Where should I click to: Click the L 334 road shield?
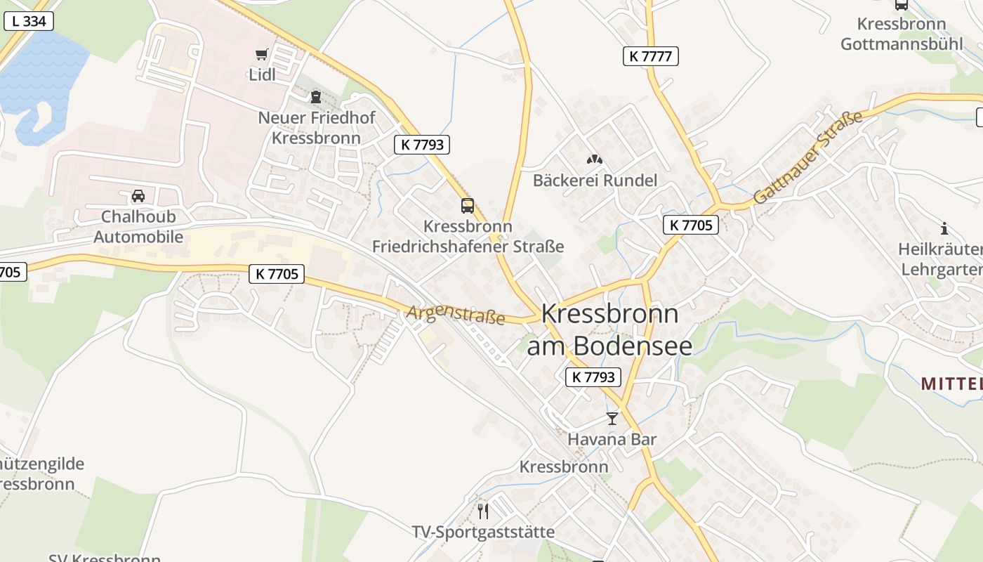(x=29, y=21)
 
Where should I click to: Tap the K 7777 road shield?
(x=650, y=56)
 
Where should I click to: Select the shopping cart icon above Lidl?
(x=262, y=54)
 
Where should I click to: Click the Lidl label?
(x=262, y=74)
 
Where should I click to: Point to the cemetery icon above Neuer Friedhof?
(x=316, y=96)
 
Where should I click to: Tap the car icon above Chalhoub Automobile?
(x=138, y=195)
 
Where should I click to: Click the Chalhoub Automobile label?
(x=138, y=226)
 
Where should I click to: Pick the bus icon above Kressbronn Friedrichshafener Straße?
(x=468, y=205)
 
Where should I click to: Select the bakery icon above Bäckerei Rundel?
(x=595, y=159)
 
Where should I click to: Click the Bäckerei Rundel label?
(x=595, y=181)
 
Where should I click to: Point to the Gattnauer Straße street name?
(x=807, y=157)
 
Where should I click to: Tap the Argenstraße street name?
(x=455, y=313)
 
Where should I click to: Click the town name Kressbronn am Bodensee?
(x=609, y=329)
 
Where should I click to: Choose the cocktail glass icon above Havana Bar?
(x=612, y=419)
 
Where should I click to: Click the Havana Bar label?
(x=612, y=440)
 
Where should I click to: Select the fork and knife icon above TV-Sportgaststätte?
(x=482, y=511)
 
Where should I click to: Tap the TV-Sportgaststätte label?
(x=482, y=532)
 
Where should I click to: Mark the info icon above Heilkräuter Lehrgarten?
(x=944, y=228)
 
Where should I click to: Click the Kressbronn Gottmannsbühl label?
(x=902, y=34)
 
